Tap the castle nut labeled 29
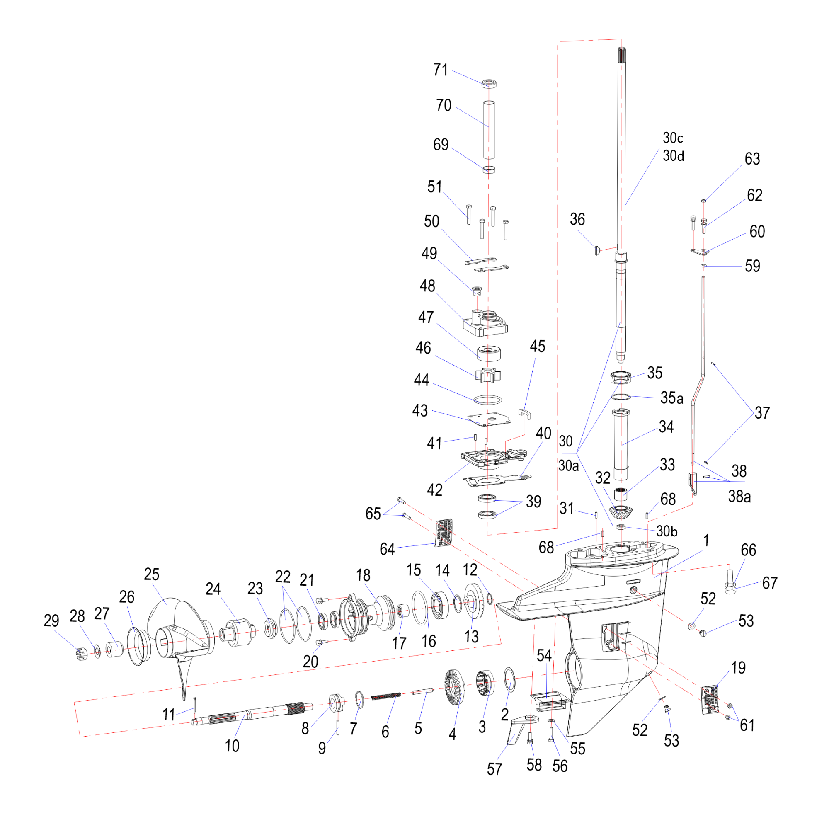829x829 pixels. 80,654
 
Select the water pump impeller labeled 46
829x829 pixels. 488,375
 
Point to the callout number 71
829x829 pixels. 441,70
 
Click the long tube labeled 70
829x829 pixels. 489,130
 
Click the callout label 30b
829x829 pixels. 667,532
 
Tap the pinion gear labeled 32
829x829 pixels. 621,512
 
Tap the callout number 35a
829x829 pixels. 671,398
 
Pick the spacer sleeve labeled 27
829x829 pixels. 114,650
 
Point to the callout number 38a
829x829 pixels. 739,497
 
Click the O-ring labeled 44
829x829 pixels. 488,400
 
